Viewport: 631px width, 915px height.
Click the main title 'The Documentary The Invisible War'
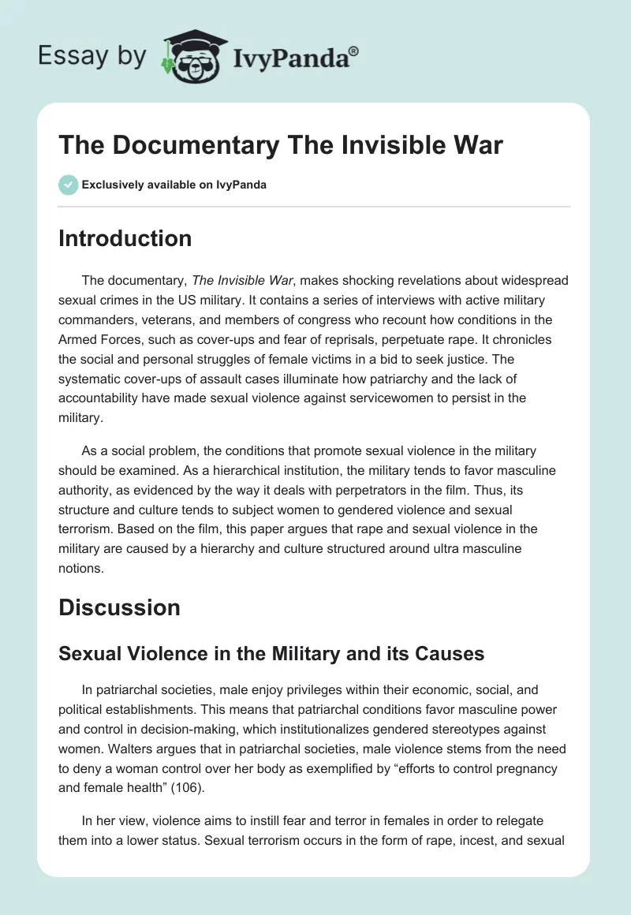coord(281,145)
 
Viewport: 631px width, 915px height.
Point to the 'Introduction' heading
coord(125,238)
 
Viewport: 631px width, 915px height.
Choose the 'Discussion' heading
coord(119,607)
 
